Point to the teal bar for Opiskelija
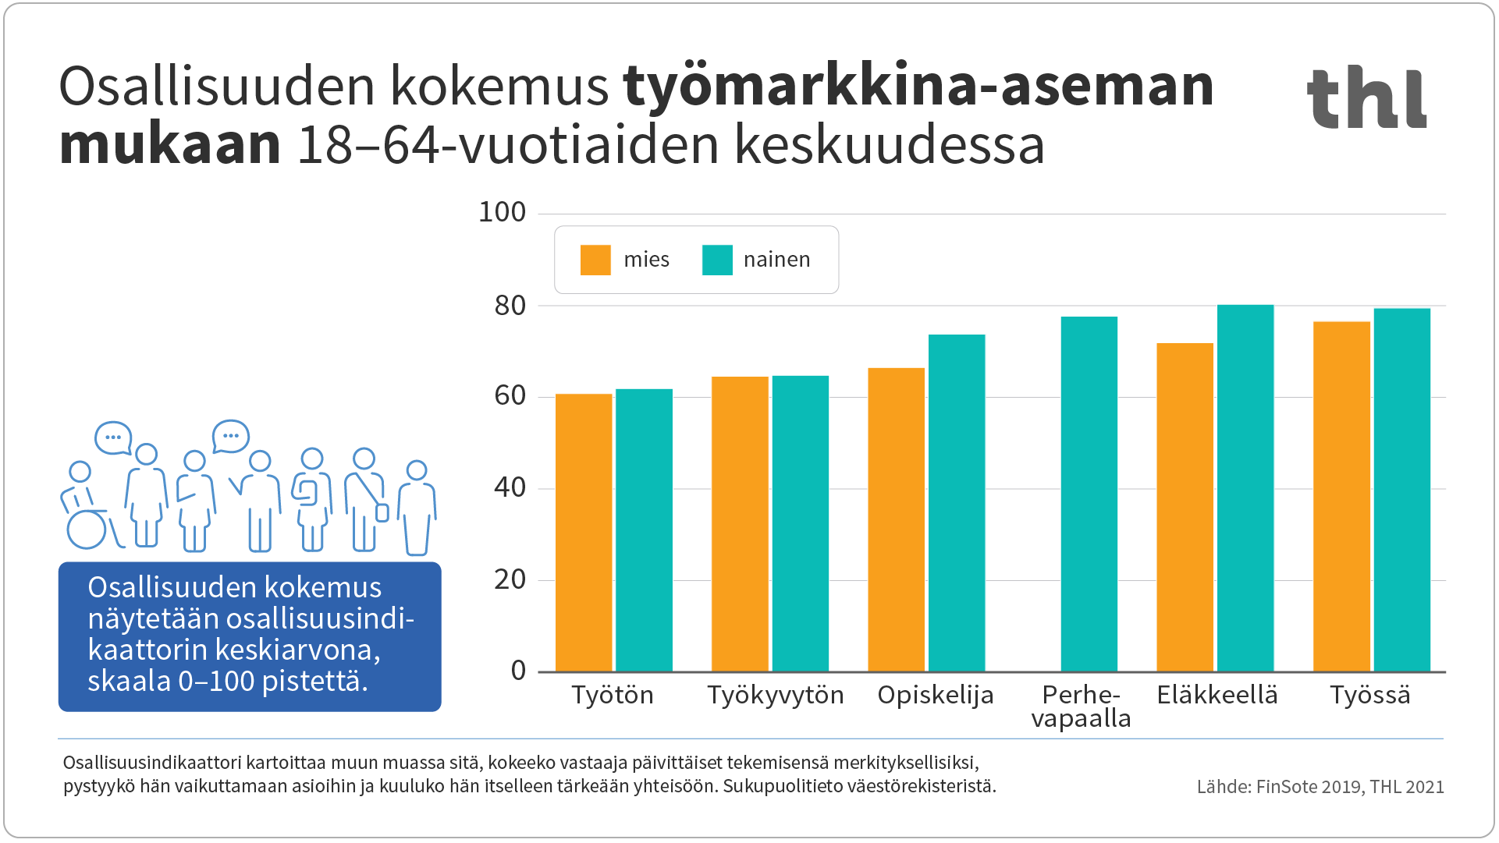pos(956,503)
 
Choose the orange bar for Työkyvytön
pos(740,524)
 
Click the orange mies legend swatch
pos(595,260)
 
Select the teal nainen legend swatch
pos(717,260)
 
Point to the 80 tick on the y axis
pos(510,306)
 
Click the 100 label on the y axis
pos(503,212)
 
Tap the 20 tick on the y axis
pos(510,580)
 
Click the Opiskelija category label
pos(936,695)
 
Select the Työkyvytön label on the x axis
pos(776,695)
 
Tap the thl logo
pos(1367,98)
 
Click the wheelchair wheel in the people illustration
pos(87,530)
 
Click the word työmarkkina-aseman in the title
pos(918,86)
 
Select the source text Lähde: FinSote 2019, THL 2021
pos(1320,787)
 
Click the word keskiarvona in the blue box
pos(297,650)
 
